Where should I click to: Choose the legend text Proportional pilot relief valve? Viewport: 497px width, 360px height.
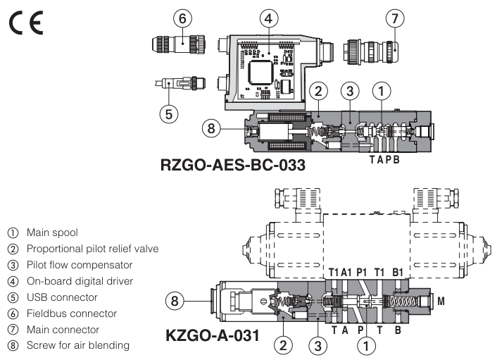92,248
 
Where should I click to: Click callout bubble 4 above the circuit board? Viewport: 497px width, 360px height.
266,17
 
